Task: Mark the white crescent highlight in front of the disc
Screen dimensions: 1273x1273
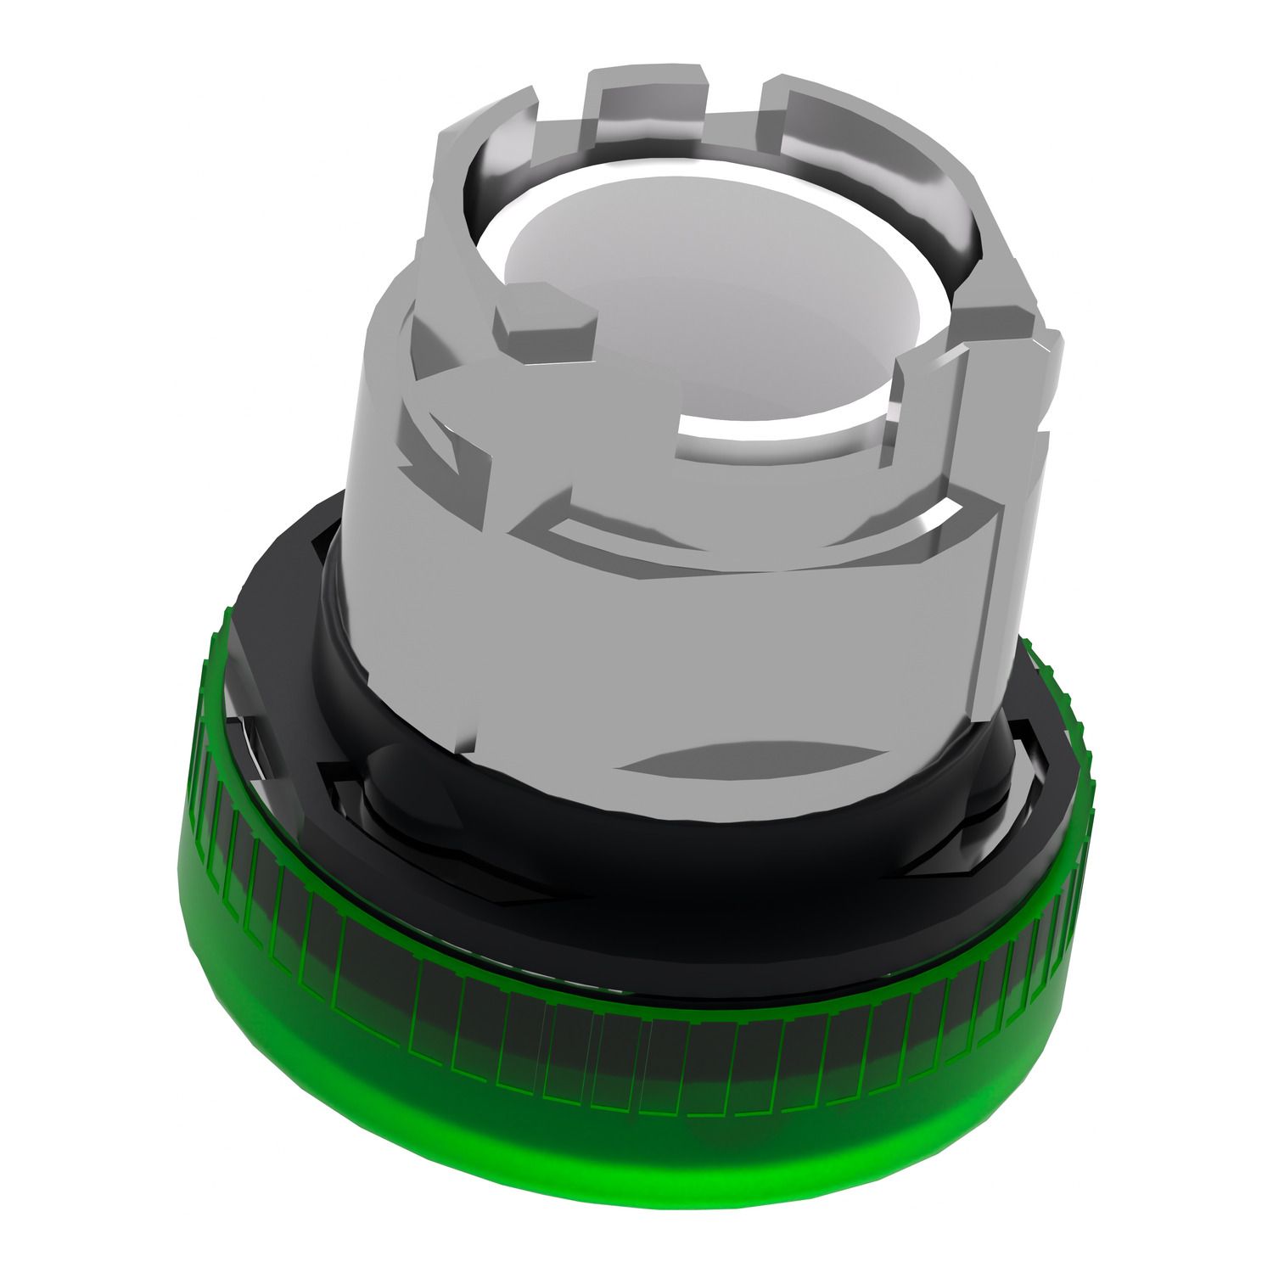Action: coord(764,429)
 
